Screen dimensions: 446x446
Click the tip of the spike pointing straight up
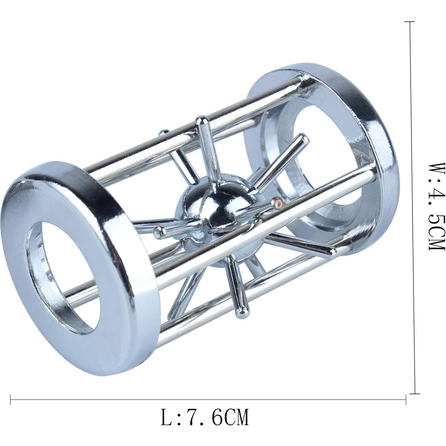click(x=201, y=121)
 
